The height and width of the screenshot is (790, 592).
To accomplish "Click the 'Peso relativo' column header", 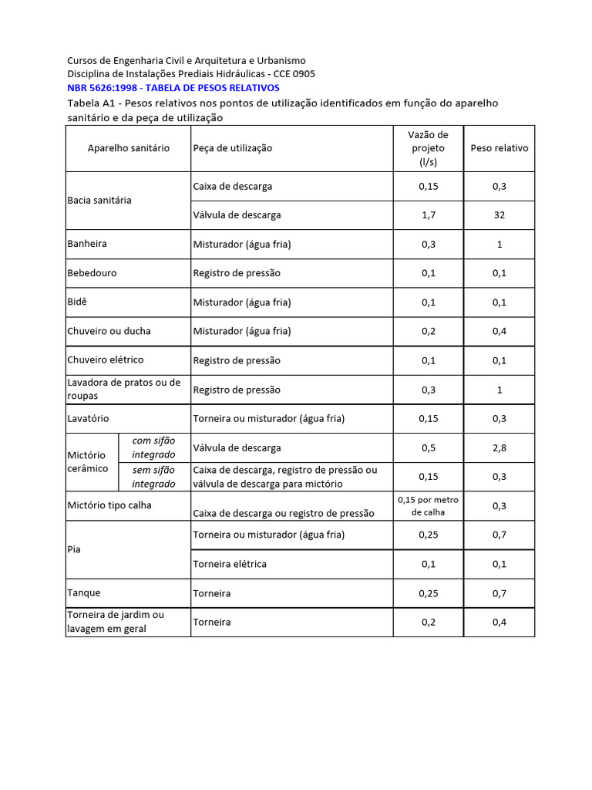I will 499,148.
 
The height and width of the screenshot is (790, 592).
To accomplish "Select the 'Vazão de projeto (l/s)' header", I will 428,148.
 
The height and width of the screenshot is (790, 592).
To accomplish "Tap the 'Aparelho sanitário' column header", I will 128,148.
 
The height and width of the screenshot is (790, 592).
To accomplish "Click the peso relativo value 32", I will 499,215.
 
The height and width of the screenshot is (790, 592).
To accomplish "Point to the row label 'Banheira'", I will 87,244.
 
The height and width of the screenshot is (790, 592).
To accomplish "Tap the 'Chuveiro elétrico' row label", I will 106,360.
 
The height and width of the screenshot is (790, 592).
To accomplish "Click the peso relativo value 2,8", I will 499,447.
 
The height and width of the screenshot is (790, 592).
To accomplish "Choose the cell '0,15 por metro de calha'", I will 428,505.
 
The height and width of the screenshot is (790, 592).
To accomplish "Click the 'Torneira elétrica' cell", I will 230,564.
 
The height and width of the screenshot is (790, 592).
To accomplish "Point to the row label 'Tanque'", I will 84,593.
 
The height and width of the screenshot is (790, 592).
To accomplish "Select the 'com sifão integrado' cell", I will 153,447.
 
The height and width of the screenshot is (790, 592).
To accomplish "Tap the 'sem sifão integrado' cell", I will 153,477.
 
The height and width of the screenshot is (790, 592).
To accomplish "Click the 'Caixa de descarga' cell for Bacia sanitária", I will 232,187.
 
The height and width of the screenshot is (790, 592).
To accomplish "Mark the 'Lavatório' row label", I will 89,419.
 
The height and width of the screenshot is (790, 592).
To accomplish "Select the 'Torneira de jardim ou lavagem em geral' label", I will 116,622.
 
